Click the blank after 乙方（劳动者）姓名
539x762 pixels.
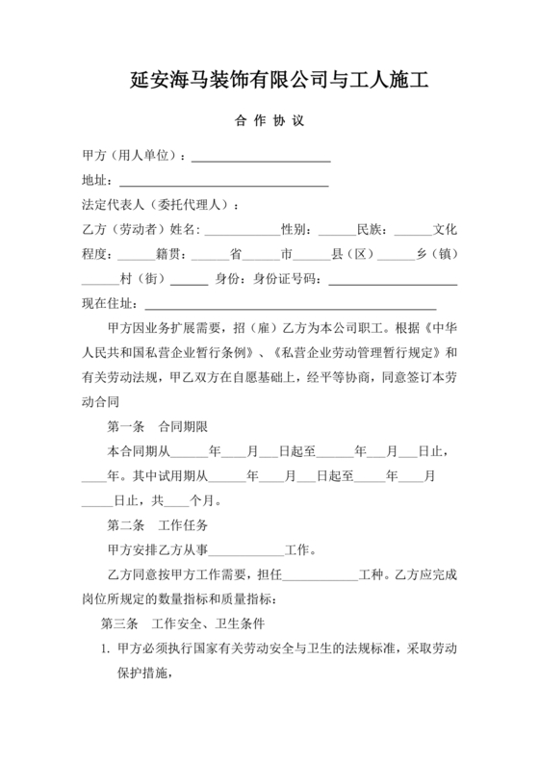click(241, 232)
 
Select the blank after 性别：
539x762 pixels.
click(336, 232)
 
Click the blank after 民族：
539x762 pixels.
click(413, 232)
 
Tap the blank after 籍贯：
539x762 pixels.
click(209, 257)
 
